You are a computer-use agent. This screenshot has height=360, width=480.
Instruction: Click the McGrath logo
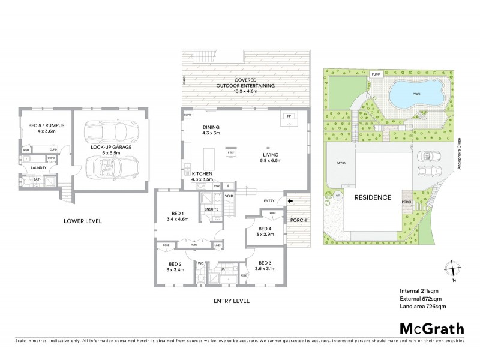(x=431, y=328)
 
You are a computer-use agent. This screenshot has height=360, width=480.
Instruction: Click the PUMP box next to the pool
(x=376, y=74)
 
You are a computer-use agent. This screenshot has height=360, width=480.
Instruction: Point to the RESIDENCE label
(x=372, y=197)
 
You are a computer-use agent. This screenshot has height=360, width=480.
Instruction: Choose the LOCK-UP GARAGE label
(x=108, y=147)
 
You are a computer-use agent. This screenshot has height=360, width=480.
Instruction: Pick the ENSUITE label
(x=211, y=209)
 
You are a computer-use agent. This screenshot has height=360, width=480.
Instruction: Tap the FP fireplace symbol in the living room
(x=288, y=116)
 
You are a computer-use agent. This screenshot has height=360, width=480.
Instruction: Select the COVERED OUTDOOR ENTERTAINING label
(x=246, y=83)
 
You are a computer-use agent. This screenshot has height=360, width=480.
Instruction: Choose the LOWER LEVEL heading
(x=83, y=221)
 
